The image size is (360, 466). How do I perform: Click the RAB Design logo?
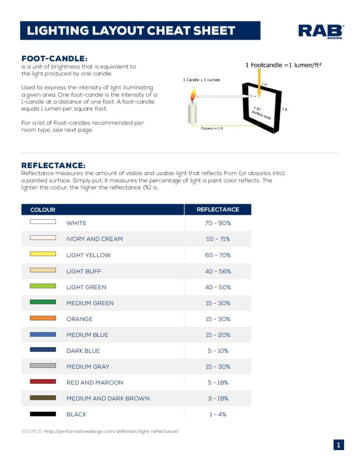point(321,31)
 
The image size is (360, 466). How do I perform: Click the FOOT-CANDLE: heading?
point(54,58)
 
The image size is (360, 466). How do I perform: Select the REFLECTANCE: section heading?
point(54,165)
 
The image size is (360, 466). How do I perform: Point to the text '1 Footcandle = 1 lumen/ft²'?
point(284,65)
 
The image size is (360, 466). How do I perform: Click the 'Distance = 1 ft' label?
point(212,128)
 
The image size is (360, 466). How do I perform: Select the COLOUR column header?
point(43,210)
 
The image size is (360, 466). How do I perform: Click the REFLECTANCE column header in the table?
point(217,210)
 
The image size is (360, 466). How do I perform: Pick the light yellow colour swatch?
point(43,254)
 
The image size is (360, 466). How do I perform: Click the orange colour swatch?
point(43,318)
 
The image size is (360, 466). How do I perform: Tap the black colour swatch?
point(43,414)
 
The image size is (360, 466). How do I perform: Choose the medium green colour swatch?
point(43,302)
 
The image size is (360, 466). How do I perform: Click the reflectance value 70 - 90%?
point(218,223)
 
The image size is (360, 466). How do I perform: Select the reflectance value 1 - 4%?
point(218,414)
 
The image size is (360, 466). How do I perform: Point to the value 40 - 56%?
point(218,271)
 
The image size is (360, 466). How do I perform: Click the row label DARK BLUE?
point(83,351)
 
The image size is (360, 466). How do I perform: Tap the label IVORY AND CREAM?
point(95,239)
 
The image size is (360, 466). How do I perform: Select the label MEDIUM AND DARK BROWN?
point(108,398)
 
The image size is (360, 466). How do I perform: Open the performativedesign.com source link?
point(111,432)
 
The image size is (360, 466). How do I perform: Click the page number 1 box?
point(339,445)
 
